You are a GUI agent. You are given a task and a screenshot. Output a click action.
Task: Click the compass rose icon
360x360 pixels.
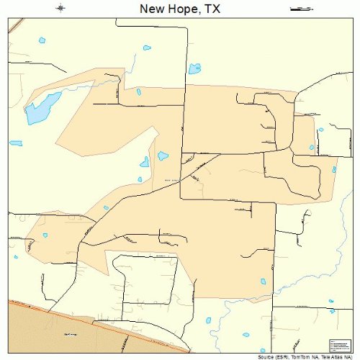(x=61, y=8)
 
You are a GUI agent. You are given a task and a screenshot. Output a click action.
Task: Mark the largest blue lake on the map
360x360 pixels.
(x=40, y=109)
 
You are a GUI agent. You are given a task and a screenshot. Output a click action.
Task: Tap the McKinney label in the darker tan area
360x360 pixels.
(x=71, y=333)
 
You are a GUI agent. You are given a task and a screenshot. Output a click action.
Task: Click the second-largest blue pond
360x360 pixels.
(x=194, y=69)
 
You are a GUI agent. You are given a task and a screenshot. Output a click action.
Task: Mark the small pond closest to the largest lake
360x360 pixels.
(x=16, y=142)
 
